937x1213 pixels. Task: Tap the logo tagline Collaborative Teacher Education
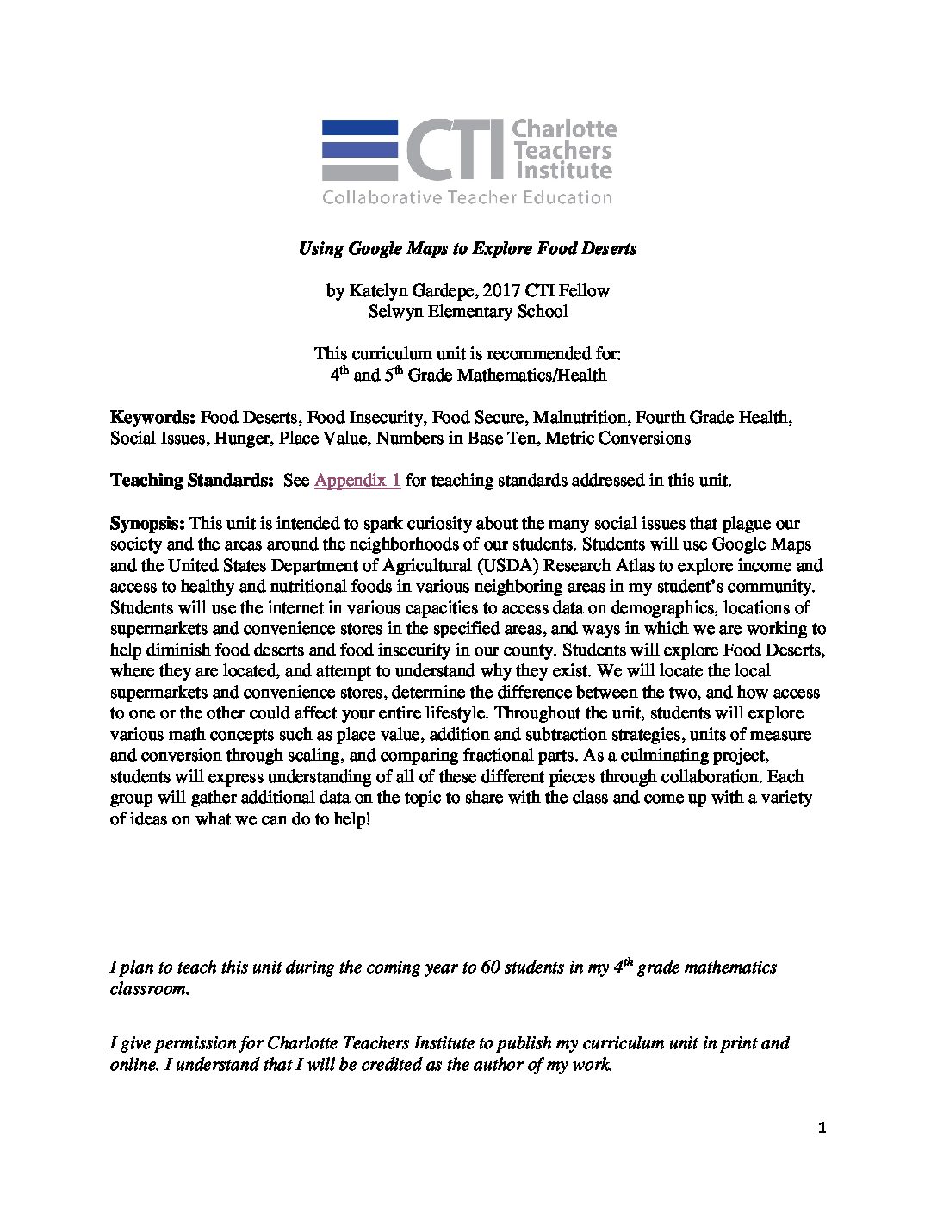coord(467,198)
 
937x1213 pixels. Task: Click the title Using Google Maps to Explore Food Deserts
coord(468,249)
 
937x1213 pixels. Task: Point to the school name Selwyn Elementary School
coord(468,312)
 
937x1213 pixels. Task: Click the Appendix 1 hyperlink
coord(357,481)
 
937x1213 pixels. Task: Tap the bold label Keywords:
coord(153,418)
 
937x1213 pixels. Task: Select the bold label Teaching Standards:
coord(191,481)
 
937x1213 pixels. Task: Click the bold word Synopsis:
coord(147,524)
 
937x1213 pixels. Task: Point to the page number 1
coord(822,1129)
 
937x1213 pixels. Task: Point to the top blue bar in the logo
coord(360,126)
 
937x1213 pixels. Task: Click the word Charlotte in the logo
coord(565,129)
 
